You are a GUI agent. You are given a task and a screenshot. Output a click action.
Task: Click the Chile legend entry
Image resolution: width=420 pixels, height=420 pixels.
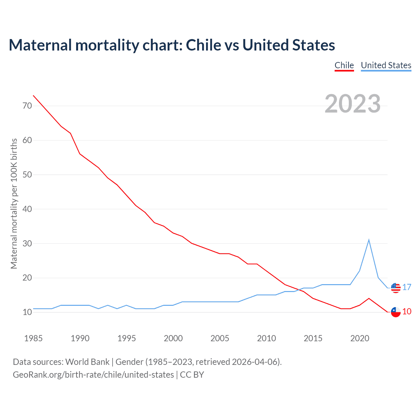coord(344,65)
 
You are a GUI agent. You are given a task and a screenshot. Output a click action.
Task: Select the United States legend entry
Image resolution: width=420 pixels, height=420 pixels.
coord(386,65)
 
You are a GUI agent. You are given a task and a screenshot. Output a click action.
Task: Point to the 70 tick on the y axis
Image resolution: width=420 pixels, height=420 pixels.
coord(27,106)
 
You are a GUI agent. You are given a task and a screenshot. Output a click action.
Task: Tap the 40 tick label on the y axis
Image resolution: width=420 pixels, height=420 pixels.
coord(27,209)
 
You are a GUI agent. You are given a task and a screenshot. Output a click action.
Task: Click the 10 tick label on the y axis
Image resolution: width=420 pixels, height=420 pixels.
coord(27,312)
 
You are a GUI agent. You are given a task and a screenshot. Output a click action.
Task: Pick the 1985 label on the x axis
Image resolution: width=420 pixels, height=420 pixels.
coord(33,338)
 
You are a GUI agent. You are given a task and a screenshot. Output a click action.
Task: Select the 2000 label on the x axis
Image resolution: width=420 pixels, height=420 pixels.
coord(173,338)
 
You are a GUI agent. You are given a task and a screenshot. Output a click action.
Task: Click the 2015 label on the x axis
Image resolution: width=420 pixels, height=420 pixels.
coord(313,338)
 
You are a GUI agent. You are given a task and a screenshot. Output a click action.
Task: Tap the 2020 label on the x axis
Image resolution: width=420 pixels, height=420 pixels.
coord(360,338)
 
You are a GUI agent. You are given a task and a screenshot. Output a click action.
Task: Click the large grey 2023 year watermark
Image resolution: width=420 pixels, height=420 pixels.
coord(352,104)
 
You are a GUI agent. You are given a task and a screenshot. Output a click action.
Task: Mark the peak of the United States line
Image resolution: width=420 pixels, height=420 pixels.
coord(369,240)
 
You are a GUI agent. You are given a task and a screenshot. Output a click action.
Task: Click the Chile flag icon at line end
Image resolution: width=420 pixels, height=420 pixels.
coord(396,312)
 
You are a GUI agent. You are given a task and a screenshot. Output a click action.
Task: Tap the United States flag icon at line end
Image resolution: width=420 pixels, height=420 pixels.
coord(396,288)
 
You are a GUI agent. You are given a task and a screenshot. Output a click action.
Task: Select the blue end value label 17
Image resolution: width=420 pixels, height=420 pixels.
coord(407,287)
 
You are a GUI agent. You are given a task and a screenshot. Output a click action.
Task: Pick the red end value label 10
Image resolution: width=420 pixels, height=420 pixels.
coord(407,311)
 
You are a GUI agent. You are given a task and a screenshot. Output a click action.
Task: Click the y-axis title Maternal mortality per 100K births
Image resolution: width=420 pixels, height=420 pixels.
coord(14,203)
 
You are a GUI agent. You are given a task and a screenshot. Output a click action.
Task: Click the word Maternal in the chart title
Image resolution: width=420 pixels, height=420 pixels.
coord(40,45)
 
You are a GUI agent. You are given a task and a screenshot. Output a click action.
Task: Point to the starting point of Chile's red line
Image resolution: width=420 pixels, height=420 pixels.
coord(33,95)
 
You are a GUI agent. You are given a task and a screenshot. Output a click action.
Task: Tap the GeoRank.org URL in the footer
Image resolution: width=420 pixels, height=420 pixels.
coord(93,374)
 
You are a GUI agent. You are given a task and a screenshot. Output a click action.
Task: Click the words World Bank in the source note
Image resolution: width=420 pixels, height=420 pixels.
coord(87,362)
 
